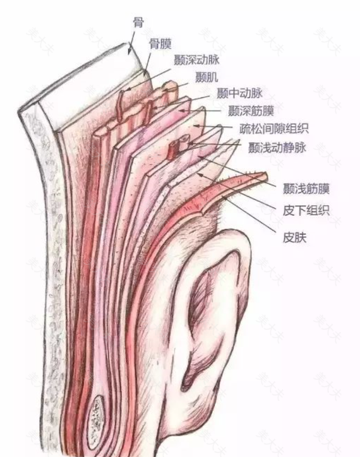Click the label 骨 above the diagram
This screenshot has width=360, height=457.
(x=138, y=22)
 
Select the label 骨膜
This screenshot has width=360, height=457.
(x=160, y=44)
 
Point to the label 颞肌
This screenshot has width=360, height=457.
(x=207, y=78)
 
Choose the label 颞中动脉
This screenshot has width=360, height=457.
(x=239, y=93)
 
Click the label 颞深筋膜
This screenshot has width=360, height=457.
(x=251, y=110)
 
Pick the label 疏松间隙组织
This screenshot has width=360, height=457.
(x=274, y=129)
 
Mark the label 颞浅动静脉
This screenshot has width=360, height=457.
(x=277, y=148)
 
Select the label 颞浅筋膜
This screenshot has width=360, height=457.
(x=306, y=189)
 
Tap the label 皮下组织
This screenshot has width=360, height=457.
(x=306, y=210)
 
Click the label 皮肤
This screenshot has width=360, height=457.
(x=294, y=237)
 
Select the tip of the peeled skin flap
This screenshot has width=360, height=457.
(x=266, y=175)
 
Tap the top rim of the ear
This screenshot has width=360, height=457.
(x=231, y=232)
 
